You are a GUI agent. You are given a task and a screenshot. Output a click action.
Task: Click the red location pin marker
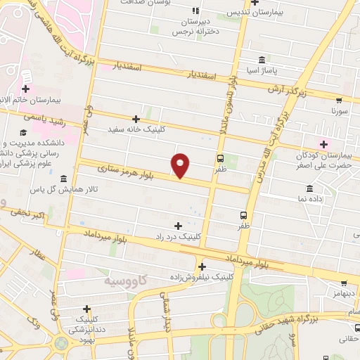[181, 165]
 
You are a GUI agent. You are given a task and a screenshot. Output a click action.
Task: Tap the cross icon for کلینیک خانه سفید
[136, 120]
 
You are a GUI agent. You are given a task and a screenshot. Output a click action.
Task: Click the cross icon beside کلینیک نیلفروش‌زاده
[202, 266]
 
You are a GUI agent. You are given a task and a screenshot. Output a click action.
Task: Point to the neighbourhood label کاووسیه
[119, 280]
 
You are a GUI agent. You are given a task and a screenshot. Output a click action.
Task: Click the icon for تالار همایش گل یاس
[64, 179]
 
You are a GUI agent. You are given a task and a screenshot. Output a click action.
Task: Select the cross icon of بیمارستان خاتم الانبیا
[25, 89]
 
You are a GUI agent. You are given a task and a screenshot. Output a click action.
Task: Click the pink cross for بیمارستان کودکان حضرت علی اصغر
[323, 144]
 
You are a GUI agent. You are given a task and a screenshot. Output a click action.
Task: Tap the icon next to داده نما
[310, 188]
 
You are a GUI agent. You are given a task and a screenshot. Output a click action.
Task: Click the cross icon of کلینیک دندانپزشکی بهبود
[86, 309]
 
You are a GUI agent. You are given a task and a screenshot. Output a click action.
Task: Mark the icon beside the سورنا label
[339, 100]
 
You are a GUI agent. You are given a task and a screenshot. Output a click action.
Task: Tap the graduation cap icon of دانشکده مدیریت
[23, 132]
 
